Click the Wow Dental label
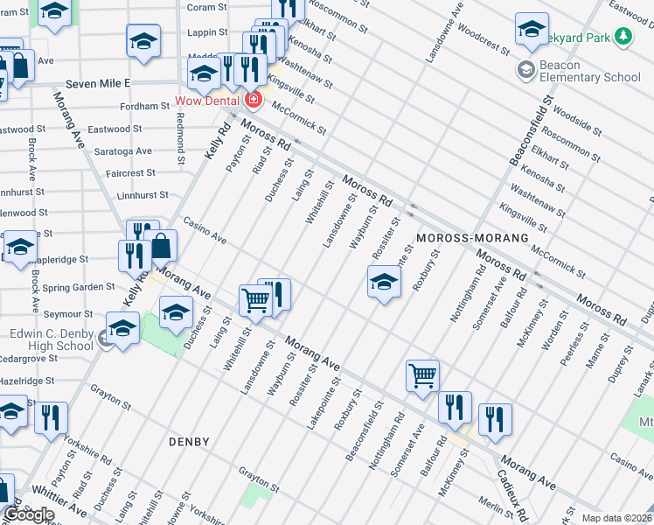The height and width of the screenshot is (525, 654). (x=212, y=100)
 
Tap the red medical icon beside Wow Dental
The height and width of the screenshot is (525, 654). (x=254, y=100)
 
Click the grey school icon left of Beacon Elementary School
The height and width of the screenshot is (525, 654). (x=525, y=70)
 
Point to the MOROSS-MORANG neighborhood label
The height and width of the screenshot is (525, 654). (x=472, y=238)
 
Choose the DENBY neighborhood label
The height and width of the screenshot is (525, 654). (x=189, y=442)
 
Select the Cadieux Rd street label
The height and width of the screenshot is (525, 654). (x=516, y=495)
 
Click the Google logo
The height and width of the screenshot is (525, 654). (x=29, y=514)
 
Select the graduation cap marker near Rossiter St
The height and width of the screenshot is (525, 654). (x=383, y=282)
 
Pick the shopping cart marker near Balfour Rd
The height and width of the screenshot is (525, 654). (x=422, y=374)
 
